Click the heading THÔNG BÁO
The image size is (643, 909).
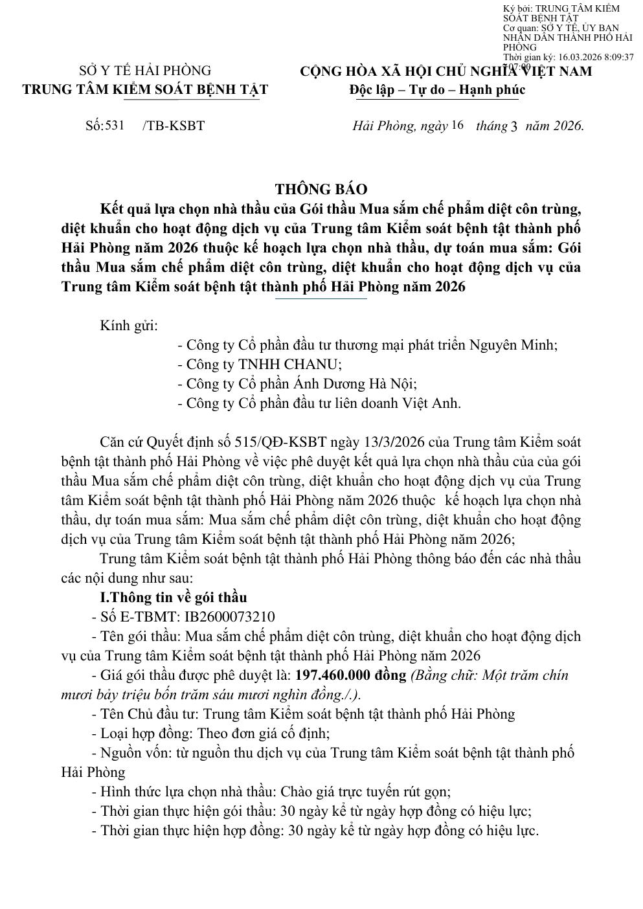point(321,189)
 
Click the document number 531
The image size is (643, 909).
point(114,125)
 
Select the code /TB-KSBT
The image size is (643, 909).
point(174,126)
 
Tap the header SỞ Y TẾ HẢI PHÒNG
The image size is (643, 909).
point(145,71)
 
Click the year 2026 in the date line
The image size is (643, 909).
point(568,126)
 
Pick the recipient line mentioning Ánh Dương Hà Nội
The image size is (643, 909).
point(297,383)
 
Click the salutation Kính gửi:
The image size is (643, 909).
point(129,325)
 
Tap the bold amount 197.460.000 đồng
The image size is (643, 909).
point(350,675)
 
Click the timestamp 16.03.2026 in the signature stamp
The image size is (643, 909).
point(580,57)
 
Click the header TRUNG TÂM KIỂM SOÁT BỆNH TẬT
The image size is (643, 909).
point(145,89)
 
